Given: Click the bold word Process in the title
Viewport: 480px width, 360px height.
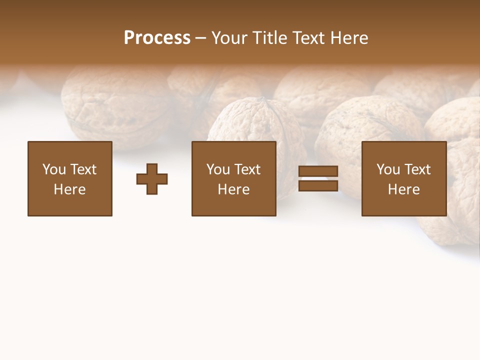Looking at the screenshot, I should click(157, 37).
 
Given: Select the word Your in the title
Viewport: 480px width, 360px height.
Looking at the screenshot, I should click(230, 37).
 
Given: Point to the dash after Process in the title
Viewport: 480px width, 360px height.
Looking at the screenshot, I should click(200, 38).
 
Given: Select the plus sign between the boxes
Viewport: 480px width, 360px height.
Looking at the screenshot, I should click(152, 178).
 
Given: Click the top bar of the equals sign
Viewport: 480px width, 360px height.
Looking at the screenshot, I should click(318, 171).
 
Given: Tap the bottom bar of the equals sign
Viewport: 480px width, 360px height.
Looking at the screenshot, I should click(318, 185).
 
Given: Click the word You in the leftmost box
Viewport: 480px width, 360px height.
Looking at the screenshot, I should click(54, 169).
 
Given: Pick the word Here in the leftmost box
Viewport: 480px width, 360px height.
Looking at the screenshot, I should click(69, 189).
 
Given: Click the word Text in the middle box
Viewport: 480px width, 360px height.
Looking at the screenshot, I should click(247, 169).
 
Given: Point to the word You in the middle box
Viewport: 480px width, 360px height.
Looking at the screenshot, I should click(218, 169).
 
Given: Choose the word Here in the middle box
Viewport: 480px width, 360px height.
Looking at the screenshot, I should click(233, 189).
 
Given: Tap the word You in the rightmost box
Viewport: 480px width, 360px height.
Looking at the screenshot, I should click(388, 169).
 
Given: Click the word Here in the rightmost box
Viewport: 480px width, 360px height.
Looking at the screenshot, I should click(403, 189).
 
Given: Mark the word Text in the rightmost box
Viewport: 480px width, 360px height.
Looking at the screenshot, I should click(417, 169).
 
